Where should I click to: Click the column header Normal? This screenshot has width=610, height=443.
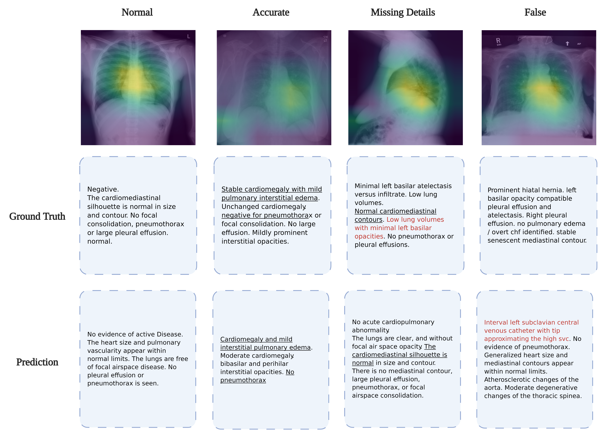(137, 12)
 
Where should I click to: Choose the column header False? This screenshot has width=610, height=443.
(535, 12)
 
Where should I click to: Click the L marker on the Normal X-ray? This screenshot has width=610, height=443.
(189, 36)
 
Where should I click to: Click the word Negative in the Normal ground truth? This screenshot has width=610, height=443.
(103, 189)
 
